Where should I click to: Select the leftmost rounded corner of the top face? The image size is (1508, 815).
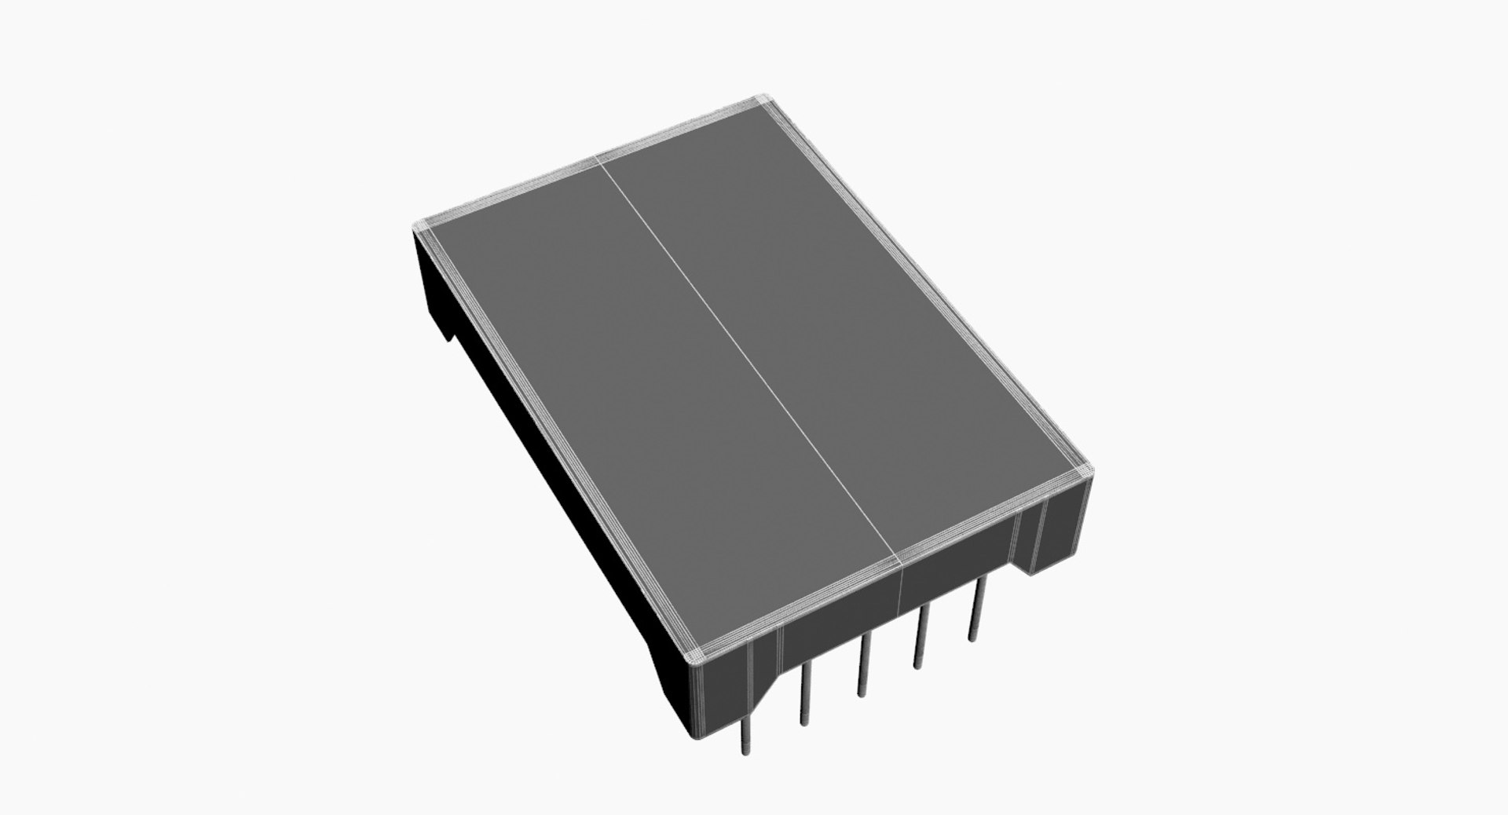click(420, 226)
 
